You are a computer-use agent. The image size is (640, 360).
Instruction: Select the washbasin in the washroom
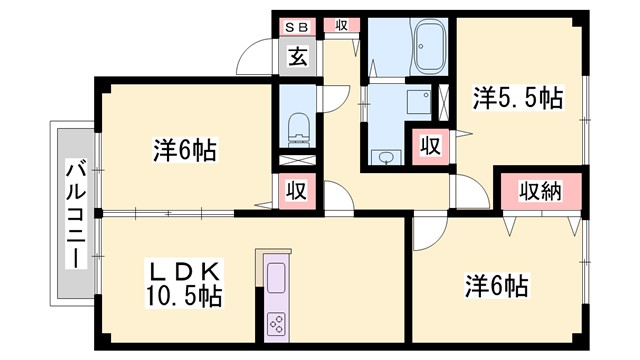tap(386, 155)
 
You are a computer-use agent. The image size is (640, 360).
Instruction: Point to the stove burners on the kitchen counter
tap(276, 322)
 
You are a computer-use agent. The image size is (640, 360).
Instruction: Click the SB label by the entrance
tap(298, 27)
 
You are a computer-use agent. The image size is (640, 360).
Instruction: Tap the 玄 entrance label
tap(298, 56)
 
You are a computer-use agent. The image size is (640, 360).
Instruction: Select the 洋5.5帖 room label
tap(517, 99)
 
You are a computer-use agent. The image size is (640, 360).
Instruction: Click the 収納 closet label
tap(540, 191)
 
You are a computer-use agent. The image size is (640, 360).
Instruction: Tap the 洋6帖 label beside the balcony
tap(185, 151)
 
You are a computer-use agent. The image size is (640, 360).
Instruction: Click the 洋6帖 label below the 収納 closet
tap(496, 285)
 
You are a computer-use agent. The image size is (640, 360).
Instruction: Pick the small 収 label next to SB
tap(341, 25)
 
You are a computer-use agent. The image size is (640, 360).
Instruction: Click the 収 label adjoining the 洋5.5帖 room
tap(429, 146)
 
